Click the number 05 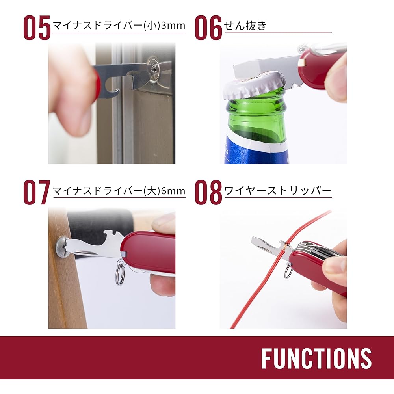37,28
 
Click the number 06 209,28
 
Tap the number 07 37,192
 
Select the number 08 209,192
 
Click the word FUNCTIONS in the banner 316,359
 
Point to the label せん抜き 245,26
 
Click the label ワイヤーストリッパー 278,191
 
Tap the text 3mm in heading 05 173,26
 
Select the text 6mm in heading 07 173,191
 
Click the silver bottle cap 253,87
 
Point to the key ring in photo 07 120,273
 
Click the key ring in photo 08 288,272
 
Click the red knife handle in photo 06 319,69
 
